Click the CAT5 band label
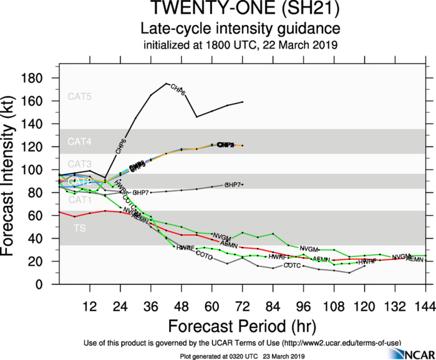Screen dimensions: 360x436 pos(80,96)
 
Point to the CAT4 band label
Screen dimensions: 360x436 pos(80,142)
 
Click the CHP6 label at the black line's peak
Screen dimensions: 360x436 pos(178,89)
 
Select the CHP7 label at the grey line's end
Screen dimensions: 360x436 pos(233,185)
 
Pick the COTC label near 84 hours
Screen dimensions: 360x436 pos(292,265)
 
